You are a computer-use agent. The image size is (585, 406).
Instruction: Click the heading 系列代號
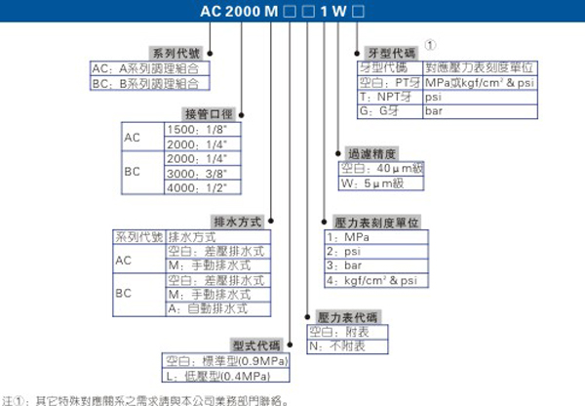tap(173, 53)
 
